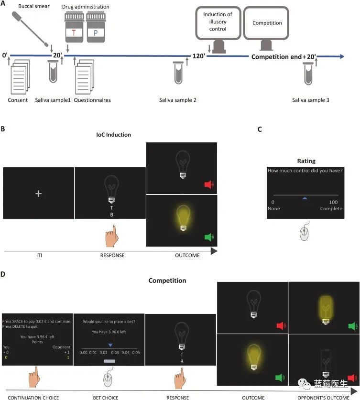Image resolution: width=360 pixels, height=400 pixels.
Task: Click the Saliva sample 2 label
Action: tap(178, 100)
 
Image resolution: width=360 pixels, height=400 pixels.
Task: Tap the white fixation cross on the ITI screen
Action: tap(39, 194)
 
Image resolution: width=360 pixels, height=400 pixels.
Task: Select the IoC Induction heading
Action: tap(110, 135)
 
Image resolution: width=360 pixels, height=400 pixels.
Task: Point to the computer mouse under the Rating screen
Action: tap(305, 233)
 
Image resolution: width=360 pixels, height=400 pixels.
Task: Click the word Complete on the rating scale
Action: tap(330, 209)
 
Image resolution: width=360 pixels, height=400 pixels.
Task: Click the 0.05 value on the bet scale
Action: tap(136, 352)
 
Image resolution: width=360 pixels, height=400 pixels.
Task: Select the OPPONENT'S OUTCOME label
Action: tap(325, 397)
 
